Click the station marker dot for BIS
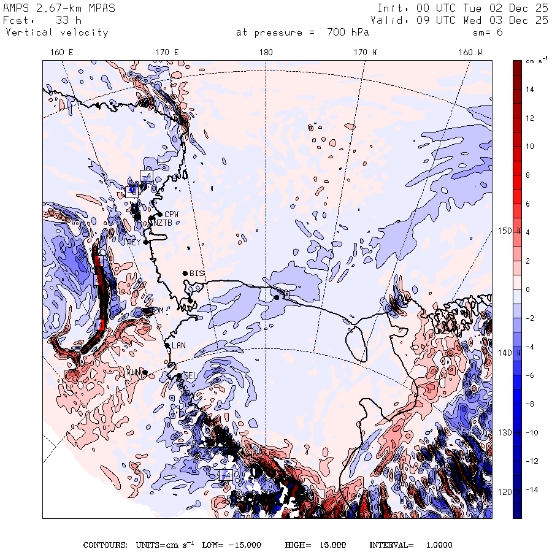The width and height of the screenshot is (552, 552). [185, 273]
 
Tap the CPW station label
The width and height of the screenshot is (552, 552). [171, 214]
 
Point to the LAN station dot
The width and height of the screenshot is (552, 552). [167, 345]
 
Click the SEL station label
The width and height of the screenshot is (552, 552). [190, 375]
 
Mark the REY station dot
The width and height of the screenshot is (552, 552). [146, 242]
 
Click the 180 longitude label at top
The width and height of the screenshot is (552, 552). [266, 53]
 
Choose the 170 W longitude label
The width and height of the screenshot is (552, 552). [366, 53]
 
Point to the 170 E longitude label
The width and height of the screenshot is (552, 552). [167, 53]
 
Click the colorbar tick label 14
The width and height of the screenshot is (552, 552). [529, 90]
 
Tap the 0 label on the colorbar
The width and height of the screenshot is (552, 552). [527, 289]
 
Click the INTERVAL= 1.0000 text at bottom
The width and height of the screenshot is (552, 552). [410, 545]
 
